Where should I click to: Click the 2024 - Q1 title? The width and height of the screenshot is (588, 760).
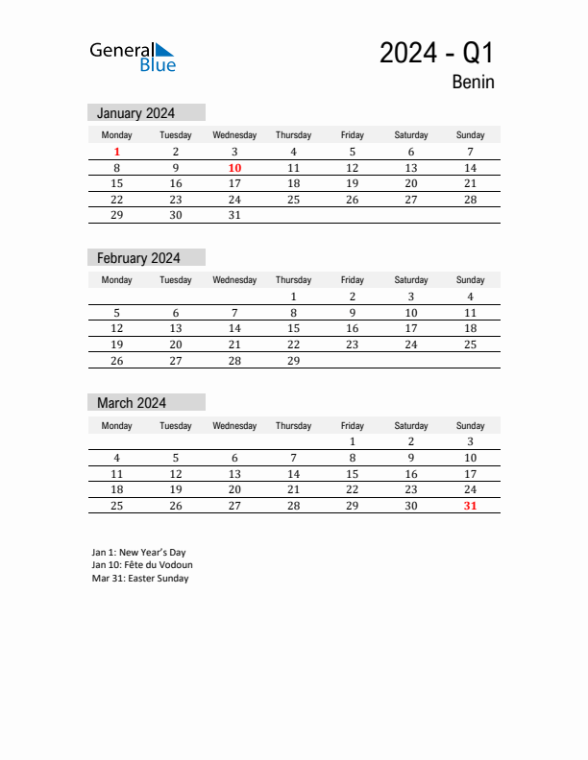(x=436, y=53)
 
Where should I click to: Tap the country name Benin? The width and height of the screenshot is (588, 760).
(x=473, y=83)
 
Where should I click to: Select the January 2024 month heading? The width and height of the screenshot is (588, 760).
(x=135, y=112)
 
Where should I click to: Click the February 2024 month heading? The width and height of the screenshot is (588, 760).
(x=138, y=258)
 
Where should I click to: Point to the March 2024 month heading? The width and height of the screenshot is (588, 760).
(x=132, y=403)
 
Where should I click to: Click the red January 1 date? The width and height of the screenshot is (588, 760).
(x=117, y=152)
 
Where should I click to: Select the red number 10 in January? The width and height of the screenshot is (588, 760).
(x=234, y=168)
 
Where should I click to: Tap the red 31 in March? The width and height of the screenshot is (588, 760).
(x=470, y=506)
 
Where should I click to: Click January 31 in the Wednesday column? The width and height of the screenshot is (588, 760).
(x=234, y=215)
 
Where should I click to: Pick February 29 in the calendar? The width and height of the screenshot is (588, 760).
(x=293, y=361)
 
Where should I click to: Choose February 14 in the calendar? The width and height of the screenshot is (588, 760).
(x=234, y=328)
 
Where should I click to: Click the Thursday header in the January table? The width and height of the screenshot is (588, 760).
(x=293, y=135)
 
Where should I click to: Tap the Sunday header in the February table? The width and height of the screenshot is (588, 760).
(x=470, y=280)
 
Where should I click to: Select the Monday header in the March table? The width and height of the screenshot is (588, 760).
(x=117, y=425)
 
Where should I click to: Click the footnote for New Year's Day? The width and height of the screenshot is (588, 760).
(x=139, y=552)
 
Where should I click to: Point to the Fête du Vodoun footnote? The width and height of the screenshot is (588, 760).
(x=142, y=565)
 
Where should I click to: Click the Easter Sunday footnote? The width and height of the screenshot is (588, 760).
(x=140, y=579)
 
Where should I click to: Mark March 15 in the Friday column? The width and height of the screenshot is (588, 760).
(x=352, y=474)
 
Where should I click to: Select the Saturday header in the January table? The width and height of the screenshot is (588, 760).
(x=411, y=135)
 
